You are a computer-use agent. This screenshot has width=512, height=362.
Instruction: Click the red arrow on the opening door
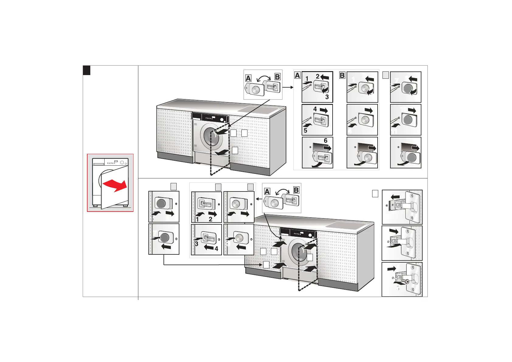pyautogui.click(x=115, y=185)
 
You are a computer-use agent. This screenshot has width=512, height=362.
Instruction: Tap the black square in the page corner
pyautogui.click(x=87, y=70)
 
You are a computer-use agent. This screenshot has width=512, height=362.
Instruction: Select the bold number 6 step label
pyautogui.click(x=326, y=140)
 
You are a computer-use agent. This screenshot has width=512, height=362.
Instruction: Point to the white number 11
pyautogui.click(x=395, y=131)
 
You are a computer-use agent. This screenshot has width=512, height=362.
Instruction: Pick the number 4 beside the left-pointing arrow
pyautogui.click(x=216, y=249)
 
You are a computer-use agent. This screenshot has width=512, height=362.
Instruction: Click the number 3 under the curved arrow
pyautogui.click(x=327, y=97)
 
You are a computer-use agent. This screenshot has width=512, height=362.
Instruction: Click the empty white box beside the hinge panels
pyautogui.click(x=375, y=193)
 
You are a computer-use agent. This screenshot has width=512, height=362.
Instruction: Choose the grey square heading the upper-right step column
pyautogui.click(x=386, y=75)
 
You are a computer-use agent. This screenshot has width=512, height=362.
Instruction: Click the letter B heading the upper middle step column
pyautogui.click(x=342, y=75)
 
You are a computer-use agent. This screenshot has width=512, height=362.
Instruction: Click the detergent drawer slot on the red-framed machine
pyautogui.click(x=99, y=164)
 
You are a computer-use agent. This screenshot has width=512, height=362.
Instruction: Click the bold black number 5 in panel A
pyautogui.click(x=306, y=131)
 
